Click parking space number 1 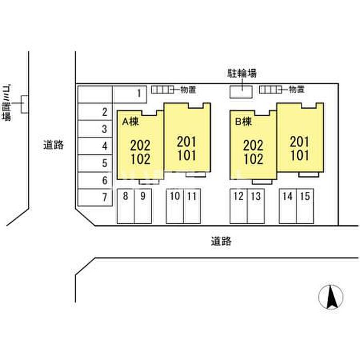coord(130,94)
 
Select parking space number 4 coord(95,146)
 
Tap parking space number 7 coord(95,197)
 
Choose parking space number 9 coord(143,206)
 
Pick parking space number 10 coord(175,206)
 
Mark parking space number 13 coord(256,206)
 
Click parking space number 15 coord(305,206)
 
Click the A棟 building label coord(131,122)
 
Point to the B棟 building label coord(243,122)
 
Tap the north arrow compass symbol coord(331,297)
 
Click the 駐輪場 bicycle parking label coord(242,73)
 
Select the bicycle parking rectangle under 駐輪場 coord(241,92)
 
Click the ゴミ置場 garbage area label coord(6,103)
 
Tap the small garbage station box coord(25,104)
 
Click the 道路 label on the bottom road coord(221,241)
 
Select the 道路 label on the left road coord(53,145)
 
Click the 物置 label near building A coord(188,89)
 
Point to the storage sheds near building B coord(271,90)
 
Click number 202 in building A coord(140,146)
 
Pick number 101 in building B coord(300,155)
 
